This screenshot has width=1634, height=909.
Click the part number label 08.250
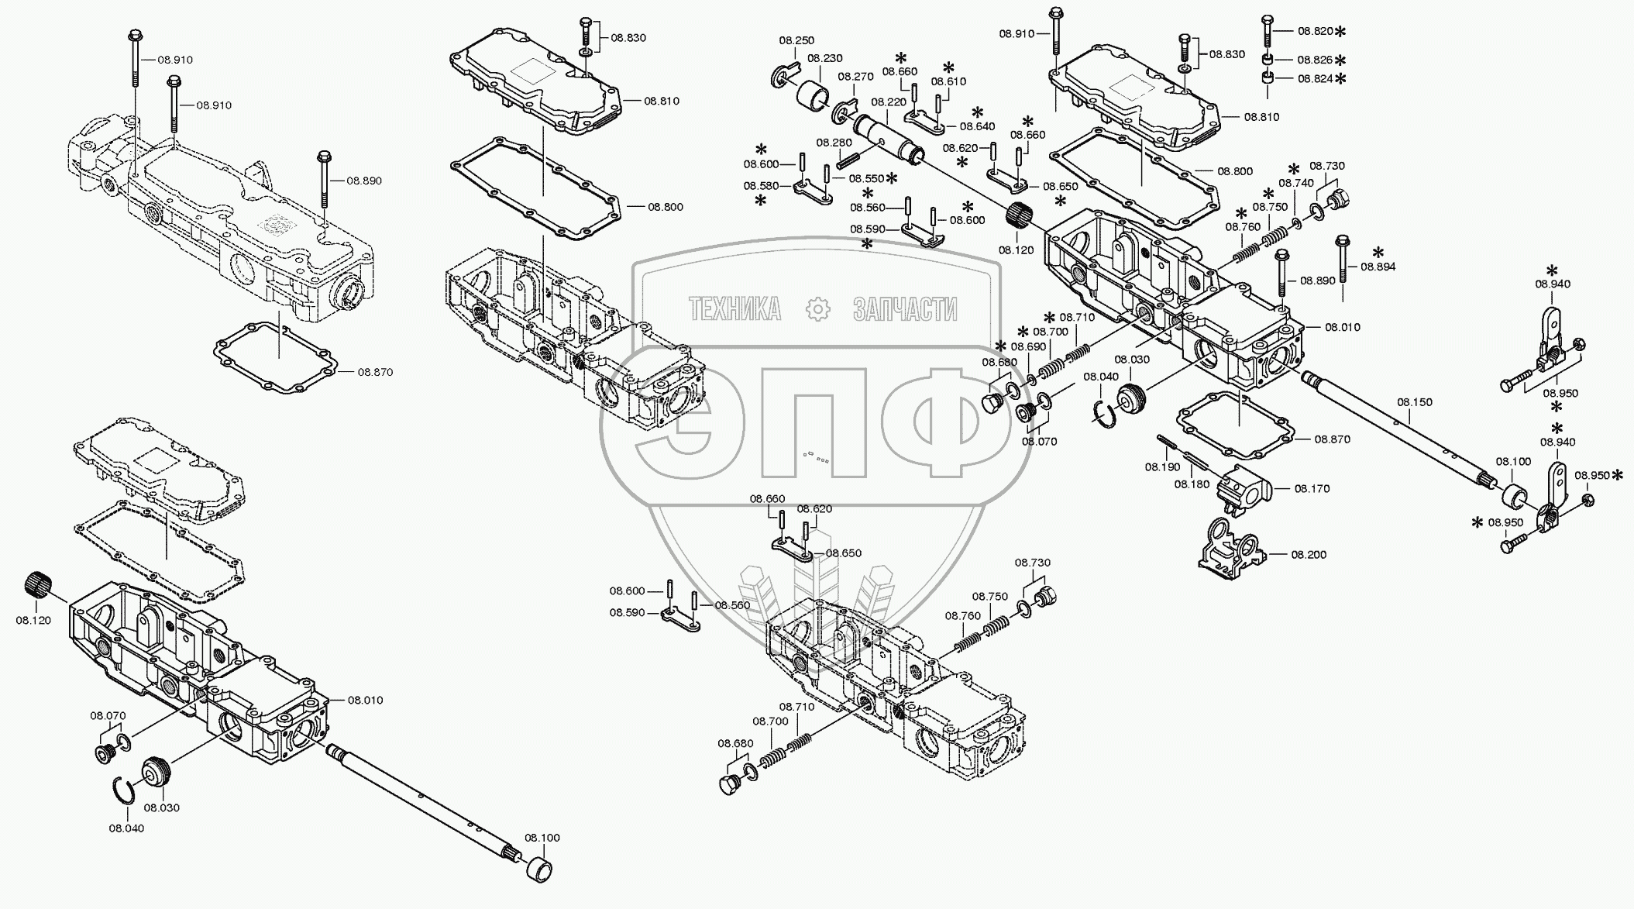796,40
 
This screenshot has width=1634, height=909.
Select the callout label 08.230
824,58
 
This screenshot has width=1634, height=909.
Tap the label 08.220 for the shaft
889,102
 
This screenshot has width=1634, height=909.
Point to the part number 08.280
834,143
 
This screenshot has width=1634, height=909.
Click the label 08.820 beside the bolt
1315,31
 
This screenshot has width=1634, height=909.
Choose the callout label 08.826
1315,60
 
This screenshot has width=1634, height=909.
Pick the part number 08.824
1315,78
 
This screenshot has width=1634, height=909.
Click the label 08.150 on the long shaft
1415,402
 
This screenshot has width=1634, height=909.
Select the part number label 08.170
1312,488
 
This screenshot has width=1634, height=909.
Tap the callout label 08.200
1309,554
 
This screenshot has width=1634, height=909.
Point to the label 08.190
1162,467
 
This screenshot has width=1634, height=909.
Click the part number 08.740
1296,183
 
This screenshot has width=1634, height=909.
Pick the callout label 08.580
760,185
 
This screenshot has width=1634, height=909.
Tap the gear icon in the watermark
817,309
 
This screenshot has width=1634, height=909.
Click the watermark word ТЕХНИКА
734,309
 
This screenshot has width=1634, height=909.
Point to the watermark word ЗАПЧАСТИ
904,309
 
